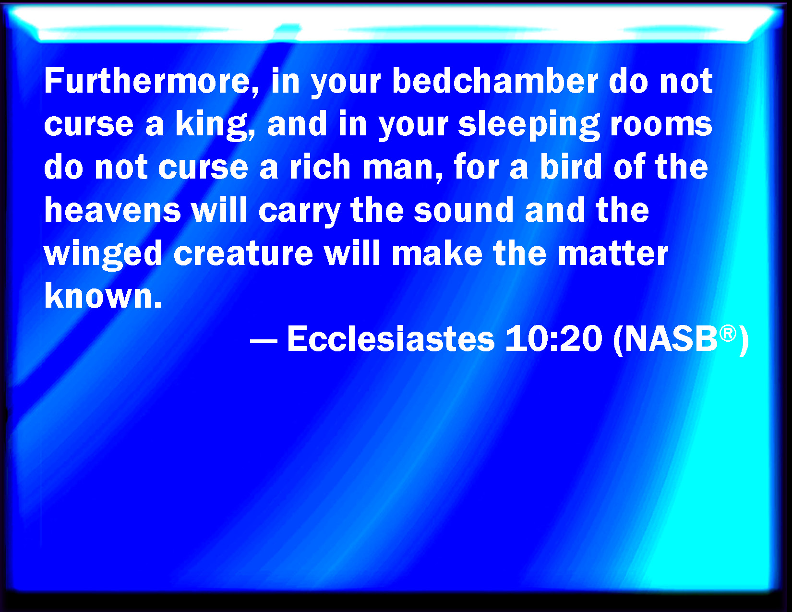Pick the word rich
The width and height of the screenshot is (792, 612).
(320, 167)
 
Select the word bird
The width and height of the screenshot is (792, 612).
(570, 167)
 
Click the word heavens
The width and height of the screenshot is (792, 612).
(113, 210)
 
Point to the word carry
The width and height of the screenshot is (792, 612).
(299, 213)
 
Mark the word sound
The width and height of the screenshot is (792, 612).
(464, 210)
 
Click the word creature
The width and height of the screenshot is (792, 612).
(243, 254)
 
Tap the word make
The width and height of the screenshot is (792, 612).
(437, 252)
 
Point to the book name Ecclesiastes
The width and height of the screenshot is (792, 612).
(391, 339)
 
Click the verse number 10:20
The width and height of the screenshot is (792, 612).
(553, 339)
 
